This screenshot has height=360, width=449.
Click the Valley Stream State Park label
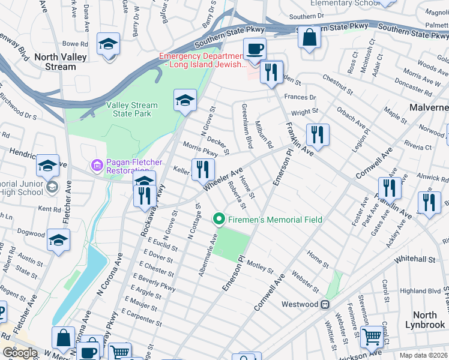[x=132, y=109]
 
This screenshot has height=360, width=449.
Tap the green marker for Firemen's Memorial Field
[x=219, y=220]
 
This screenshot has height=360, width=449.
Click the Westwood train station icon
[x=325, y=304]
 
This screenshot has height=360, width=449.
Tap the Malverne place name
[x=429, y=107]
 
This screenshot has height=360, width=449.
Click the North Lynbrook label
[x=425, y=320]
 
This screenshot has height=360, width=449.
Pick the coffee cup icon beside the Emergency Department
[x=255, y=47]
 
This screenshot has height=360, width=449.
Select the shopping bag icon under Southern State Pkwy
[x=310, y=37]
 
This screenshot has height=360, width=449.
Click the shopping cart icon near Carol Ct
[x=372, y=338]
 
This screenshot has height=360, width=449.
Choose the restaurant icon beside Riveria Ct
[x=318, y=134]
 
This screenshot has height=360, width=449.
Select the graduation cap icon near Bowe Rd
[x=109, y=44]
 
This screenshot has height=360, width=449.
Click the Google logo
[x=20, y=353]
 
